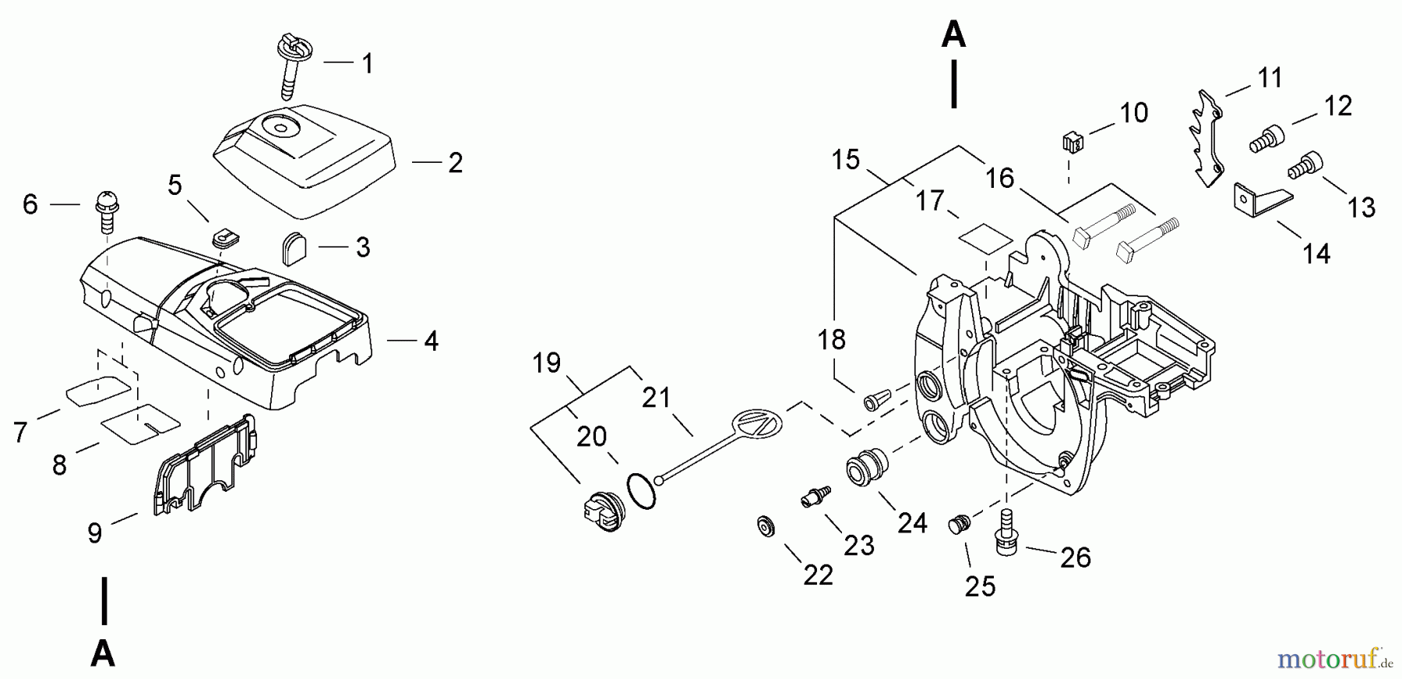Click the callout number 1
coord(368,63)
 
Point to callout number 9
coord(94,533)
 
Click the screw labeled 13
coord(1305,165)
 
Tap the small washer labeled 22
coord(765,526)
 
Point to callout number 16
coord(999,179)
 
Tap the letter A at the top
coord(953,36)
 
